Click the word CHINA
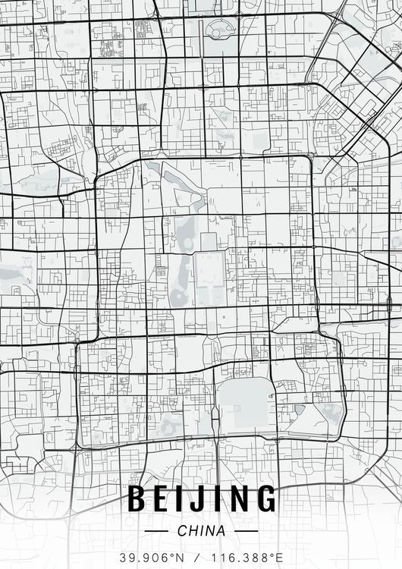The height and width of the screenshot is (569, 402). pyautogui.click(x=201, y=531)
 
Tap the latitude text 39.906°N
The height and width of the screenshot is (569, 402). pyautogui.click(x=151, y=557)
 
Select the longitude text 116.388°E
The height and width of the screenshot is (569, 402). pyautogui.click(x=243, y=557)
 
